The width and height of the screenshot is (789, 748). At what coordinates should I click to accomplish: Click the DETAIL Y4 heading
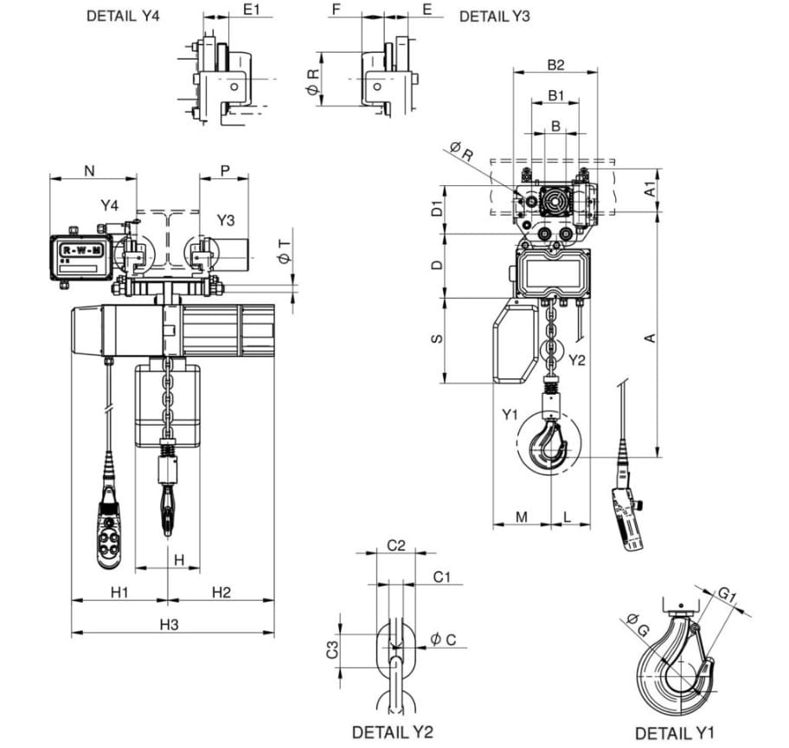click(123, 16)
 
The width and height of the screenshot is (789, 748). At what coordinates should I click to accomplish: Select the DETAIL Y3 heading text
click(495, 16)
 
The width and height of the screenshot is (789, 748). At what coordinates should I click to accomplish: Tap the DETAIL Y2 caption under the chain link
click(393, 732)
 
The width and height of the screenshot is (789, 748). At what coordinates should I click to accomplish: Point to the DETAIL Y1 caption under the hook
click(674, 733)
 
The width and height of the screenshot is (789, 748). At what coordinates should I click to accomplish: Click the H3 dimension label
click(170, 624)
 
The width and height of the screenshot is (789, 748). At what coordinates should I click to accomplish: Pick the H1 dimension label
click(119, 592)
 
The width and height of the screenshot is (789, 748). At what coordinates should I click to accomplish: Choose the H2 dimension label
click(221, 592)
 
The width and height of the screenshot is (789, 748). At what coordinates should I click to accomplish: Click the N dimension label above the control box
click(90, 171)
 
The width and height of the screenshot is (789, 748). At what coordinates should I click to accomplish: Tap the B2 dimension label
click(556, 65)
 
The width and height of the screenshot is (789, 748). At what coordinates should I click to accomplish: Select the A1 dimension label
click(650, 189)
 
